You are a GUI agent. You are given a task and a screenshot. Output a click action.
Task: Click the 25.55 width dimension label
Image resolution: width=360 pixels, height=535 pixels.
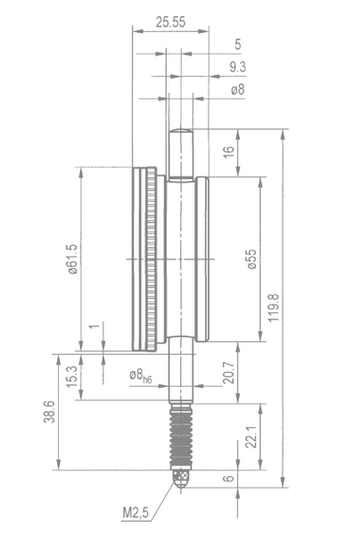(x=170, y=21)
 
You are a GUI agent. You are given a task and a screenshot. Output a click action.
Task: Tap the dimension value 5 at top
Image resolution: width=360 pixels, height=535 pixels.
(x=238, y=45)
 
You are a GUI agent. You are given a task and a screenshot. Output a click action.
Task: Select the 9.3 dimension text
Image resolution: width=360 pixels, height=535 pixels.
(x=237, y=67)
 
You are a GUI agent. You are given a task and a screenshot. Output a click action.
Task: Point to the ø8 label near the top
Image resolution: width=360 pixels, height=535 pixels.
(x=238, y=89)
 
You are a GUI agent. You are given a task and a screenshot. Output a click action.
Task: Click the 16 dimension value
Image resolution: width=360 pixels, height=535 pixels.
(x=229, y=152)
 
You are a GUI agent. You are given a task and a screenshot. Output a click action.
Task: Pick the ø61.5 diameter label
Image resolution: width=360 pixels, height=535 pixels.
(x=73, y=259)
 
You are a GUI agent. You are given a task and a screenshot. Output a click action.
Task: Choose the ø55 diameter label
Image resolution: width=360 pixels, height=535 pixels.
(x=251, y=259)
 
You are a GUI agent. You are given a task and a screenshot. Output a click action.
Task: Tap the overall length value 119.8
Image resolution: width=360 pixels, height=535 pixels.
(x=274, y=308)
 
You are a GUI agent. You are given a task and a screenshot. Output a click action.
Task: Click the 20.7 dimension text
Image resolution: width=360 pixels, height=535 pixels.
(x=229, y=372)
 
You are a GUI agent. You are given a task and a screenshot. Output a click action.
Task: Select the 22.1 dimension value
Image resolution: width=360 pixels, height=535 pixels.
(x=251, y=437)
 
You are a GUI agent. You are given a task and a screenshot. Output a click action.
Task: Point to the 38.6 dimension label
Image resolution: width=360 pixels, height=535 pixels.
(x=49, y=412)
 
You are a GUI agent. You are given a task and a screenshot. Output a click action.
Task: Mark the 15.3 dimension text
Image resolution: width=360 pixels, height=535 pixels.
(x=72, y=376)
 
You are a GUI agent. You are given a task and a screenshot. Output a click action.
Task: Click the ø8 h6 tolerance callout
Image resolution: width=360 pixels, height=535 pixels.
(x=141, y=376)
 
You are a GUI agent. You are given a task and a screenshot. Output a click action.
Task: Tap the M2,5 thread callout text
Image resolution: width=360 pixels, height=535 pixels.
(x=135, y=513)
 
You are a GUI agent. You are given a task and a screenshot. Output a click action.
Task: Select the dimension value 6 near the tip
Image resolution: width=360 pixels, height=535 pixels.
(x=229, y=478)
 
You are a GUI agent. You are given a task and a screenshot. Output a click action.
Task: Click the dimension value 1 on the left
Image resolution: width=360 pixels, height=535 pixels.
(x=94, y=326)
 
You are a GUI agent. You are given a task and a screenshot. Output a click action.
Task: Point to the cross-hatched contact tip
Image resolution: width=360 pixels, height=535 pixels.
(x=181, y=478)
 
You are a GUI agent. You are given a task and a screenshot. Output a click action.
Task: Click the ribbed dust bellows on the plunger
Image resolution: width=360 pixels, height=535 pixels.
(x=181, y=436)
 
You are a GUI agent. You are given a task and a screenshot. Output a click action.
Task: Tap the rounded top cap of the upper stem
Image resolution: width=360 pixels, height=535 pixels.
(x=181, y=131)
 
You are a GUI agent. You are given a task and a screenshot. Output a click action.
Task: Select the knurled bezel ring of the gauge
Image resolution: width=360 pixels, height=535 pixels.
(x=151, y=259)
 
